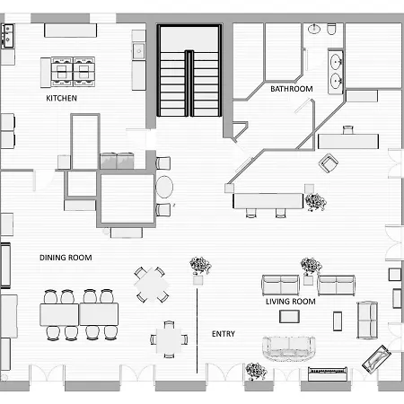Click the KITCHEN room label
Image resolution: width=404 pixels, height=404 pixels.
[x=61, y=98]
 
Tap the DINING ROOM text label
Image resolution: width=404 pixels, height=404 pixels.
[x=66, y=258]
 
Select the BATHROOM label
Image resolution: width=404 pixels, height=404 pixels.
[x=292, y=89]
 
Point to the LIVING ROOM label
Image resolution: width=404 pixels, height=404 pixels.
[x=291, y=302]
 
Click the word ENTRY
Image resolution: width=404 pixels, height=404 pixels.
[x=224, y=334]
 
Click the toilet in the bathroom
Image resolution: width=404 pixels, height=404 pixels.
[x=331, y=29]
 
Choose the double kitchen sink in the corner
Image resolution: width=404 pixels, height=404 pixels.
[x=8, y=36]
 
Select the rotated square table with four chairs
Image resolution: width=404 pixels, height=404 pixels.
[x=152, y=285]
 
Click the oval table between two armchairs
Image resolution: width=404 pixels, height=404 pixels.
[x=164, y=187]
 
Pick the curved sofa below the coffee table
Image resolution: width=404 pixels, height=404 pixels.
[x=289, y=348]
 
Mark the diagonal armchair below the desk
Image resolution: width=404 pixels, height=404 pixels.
[x=329, y=163]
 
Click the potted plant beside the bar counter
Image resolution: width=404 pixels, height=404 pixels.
[x=315, y=202]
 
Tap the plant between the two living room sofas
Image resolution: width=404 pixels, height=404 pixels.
[x=311, y=266]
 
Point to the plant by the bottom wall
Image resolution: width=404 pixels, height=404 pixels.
[x=256, y=371]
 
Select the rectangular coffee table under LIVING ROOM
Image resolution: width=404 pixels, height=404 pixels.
[x=289, y=317]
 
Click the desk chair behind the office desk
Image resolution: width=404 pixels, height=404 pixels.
[x=348, y=130]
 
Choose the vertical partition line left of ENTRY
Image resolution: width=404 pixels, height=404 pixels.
[x=197, y=330]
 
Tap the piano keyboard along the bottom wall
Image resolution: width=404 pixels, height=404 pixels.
[x=328, y=373]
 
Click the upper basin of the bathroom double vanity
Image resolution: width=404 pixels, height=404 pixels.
[x=336, y=62]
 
